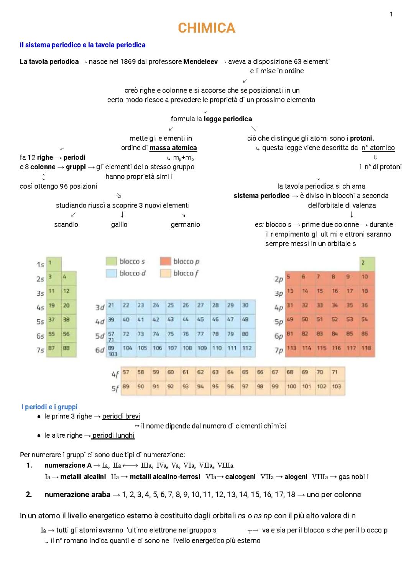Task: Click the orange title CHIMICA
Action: tap(206, 28)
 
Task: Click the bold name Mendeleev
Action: tap(200, 61)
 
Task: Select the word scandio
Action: tap(66, 224)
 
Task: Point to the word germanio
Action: tap(185, 224)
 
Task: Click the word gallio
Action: tap(119, 224)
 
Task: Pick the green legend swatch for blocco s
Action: tap(111, 261)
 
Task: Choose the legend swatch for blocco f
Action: tap(165, 274)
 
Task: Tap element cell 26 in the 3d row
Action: tap(186, 305)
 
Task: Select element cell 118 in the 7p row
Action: tap(366, 348)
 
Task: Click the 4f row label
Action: tap(115, 374)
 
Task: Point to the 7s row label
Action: tap(40, 350)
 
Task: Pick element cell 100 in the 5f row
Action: tap(292, 387)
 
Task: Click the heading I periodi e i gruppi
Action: tap(49, 407)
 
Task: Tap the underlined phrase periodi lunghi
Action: tap(113, 435)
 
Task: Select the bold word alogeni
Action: tap(296, 477)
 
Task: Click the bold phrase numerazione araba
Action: tap(77, 494)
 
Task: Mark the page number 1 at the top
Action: tap(391, 14)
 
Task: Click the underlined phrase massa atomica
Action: tap(173, 148)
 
